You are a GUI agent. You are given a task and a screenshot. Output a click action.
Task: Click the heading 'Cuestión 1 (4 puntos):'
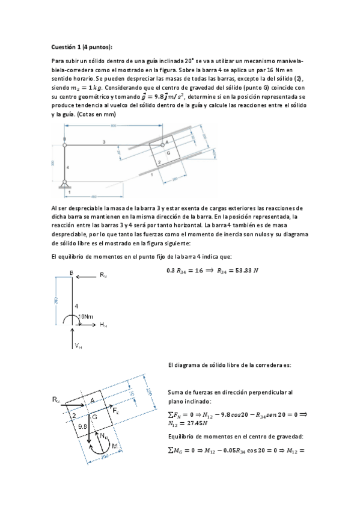pos(82,47)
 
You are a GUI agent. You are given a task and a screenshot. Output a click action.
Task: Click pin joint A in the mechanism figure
pos(162,143)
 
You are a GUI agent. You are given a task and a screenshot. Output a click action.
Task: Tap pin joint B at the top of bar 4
pos(64,143)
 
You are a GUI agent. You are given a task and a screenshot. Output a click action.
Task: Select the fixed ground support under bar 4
pos(64,184)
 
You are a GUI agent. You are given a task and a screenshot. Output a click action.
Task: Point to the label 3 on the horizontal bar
pos(103,141)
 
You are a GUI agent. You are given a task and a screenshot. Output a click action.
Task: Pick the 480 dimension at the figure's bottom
pos(94,196)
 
